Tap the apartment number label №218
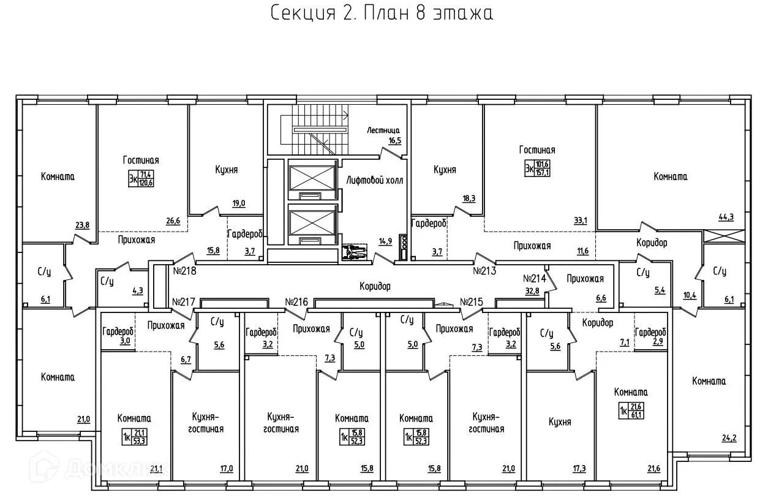tap(184, 270)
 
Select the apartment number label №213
tap(485, 270)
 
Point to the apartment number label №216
tap(297, 301)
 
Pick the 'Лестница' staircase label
tap(383, 130)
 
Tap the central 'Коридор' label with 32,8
tap(374, 286)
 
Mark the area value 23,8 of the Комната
tap(82, 225)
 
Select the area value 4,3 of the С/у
tap(138, 291)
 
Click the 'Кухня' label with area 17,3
tap(560, 422)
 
